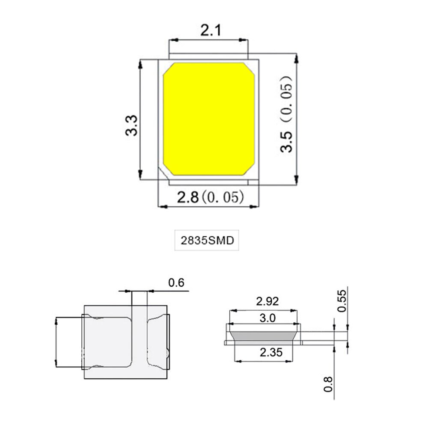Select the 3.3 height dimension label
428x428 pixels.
point(131,125)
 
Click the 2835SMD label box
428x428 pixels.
point(207,241)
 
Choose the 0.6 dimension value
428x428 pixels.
point(176,282)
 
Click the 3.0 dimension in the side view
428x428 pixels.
point(264,318)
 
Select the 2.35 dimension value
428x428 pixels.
point(264,353)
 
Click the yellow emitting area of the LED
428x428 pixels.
point(209,119)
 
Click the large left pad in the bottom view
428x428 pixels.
point(107,342)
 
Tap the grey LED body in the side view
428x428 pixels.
point(263,335)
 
